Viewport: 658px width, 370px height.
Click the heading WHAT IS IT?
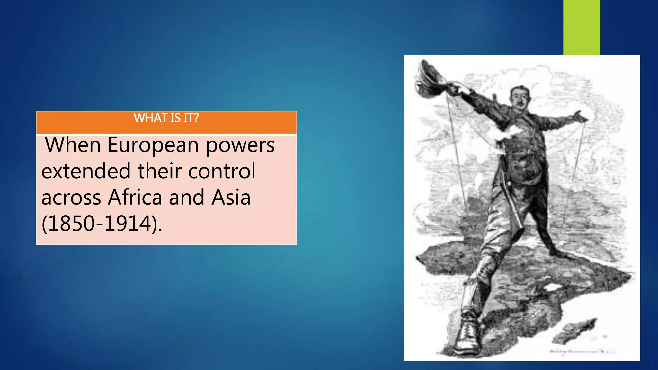(166, 118)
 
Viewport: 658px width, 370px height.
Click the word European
(153, 145)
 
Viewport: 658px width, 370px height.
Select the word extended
(86, 171)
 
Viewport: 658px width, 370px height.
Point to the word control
(222, 171)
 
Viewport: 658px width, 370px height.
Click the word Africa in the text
(135, 197)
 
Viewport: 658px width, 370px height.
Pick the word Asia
(231, 197)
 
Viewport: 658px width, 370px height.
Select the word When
(73, 145)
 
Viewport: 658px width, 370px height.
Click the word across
(71, 198)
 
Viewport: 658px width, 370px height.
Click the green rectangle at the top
(582, 27)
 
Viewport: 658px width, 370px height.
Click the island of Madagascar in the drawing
(575, 331)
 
